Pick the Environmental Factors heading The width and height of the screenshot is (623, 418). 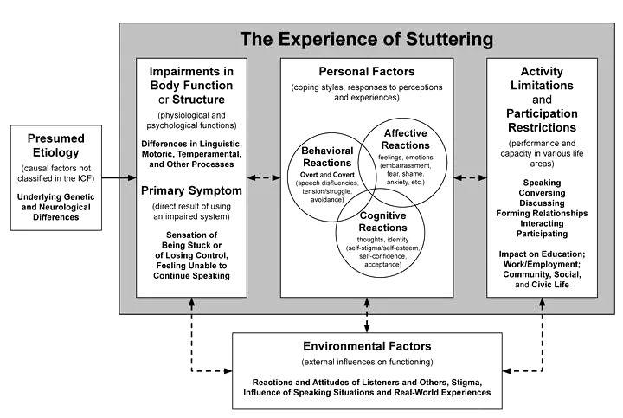[368, 347]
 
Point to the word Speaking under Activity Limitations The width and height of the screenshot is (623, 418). [543, 183]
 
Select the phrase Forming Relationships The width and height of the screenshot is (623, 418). [543, 213]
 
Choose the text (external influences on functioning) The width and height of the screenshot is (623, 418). [368, 362]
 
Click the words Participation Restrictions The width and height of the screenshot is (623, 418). [543, 122]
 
